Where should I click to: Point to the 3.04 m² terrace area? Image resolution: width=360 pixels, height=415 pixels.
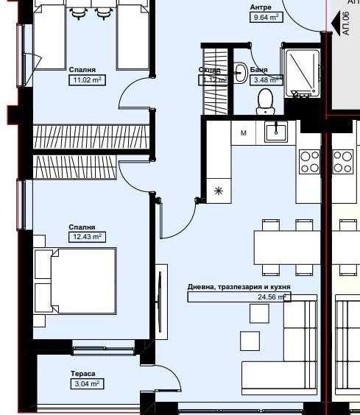click(x=87, y=383)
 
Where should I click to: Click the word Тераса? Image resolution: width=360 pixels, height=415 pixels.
click(x=83, y=374)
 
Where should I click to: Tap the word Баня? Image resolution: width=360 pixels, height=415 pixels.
click(x=259, y=70)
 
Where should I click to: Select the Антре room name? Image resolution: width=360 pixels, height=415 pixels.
click(x=260, y=7)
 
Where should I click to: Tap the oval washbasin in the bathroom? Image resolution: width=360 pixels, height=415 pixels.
click(x=240, y=71)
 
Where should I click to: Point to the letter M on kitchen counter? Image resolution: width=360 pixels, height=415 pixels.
click(x=243, y=133)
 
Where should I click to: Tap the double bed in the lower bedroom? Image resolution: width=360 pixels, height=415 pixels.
click(x=76, y=282)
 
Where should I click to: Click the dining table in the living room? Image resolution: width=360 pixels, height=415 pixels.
click(x=287, y=243)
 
